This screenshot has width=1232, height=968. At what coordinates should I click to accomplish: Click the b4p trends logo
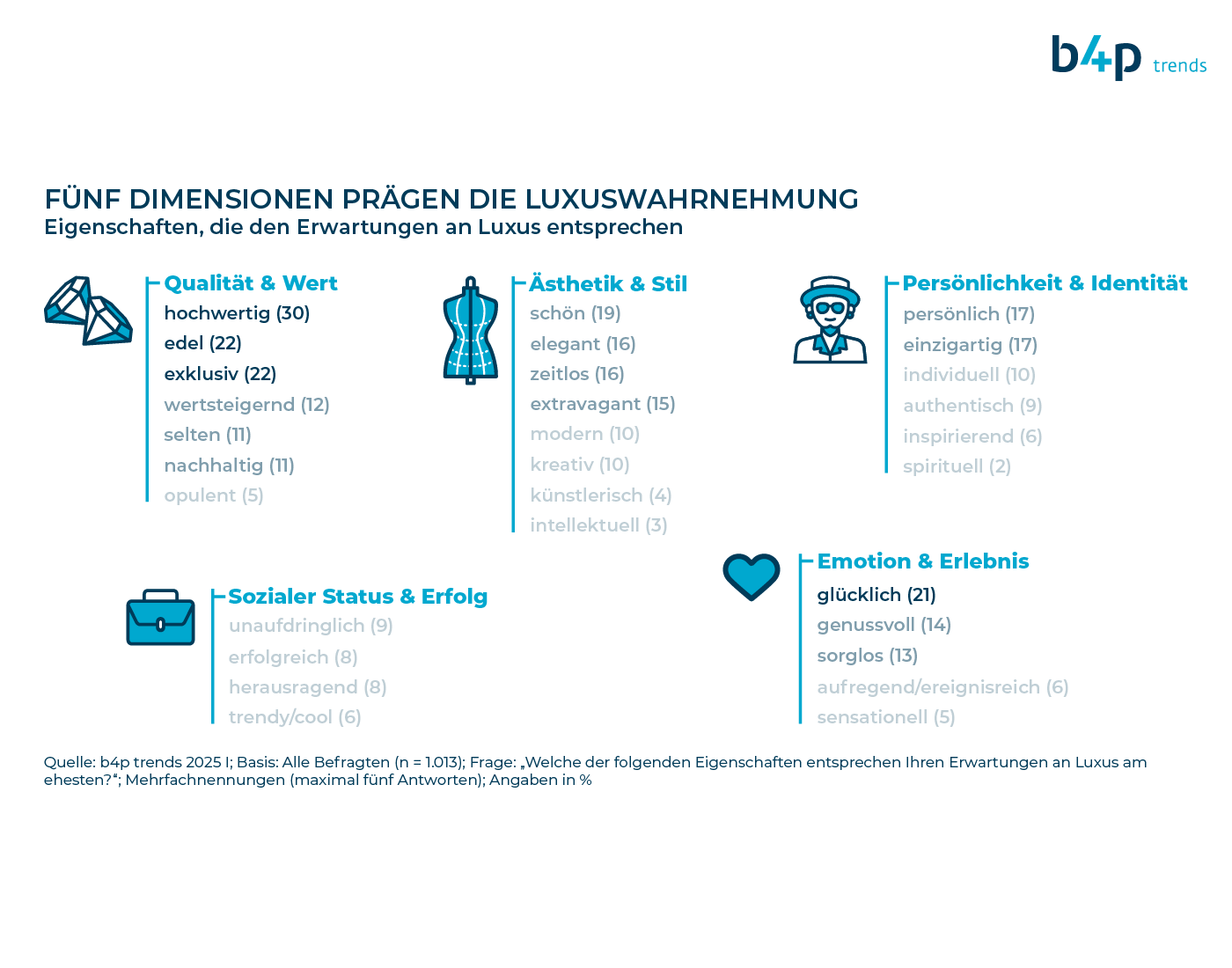pos(1128,58)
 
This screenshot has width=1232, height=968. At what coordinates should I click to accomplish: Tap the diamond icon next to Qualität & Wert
pos(89,311)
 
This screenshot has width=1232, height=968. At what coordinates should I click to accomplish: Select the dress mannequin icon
pos(470,330)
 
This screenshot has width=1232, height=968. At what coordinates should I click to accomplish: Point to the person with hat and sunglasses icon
pos(830,319)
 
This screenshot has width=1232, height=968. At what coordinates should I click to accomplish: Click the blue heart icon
pos(751,576)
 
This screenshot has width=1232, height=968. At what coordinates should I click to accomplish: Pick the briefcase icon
pos(160,617)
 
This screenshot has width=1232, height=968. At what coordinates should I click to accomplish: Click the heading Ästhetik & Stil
pos(608,284)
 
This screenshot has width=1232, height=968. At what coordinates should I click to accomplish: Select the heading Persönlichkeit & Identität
pos(1045,282)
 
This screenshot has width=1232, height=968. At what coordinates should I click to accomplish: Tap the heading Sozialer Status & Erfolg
pos(358,597)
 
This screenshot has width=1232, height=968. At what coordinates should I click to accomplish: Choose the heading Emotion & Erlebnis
pos(922,561)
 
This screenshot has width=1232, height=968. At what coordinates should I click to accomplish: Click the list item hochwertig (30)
pos(237,313)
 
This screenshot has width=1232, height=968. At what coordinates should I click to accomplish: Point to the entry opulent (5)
pos(214,496)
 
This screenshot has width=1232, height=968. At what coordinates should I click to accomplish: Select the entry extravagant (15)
pos(603,404)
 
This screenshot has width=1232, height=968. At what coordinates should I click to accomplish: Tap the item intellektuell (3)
pos(598,525)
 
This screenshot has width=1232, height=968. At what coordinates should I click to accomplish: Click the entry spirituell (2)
pos(957,466)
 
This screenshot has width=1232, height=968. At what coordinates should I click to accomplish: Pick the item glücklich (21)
pos(876,595)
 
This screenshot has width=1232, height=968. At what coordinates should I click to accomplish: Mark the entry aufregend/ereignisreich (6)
pos(942,687)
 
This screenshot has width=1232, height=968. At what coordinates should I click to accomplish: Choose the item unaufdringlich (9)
pos(311,626)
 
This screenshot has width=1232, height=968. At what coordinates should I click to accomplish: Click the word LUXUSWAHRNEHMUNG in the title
pos(691,199)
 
